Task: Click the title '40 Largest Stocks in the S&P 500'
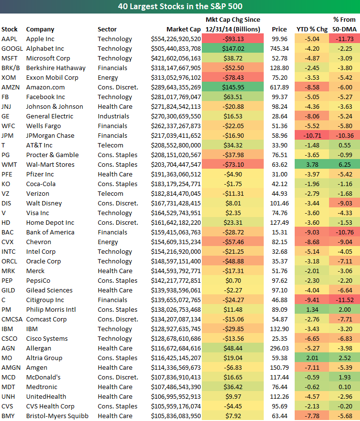180,7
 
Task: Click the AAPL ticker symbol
9,39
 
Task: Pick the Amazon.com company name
45,87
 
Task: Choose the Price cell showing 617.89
279,87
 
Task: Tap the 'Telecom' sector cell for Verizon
110,193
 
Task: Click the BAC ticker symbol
8,232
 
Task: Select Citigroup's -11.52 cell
344,300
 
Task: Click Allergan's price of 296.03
279,348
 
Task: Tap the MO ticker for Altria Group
7,358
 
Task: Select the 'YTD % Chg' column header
312,29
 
